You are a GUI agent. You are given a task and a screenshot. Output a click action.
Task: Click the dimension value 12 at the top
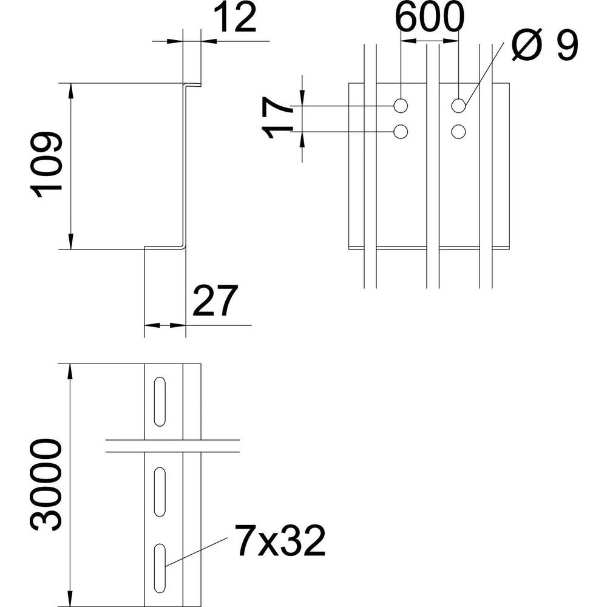pyautogui.click(x=236, y=19)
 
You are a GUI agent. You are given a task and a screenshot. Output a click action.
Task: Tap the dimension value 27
pyautogui.click(x=212, y=302)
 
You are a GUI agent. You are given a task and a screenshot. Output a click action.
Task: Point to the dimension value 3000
pyautogui.click(x=48, y=486)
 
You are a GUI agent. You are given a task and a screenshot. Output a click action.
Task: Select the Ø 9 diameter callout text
pyautogui.click(x=544, y=46)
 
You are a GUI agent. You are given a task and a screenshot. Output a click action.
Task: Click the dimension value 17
pyautogui.click(x=279, y=119)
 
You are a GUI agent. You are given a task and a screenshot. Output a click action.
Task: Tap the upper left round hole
pyautogui.click(x=401, y=106)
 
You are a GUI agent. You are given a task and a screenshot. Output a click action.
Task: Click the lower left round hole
pyautogui.click(x=401, y=131)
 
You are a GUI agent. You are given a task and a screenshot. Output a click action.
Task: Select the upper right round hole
pyautogui.click(x=458, y=106)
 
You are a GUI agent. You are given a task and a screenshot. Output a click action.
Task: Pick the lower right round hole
pyautogui.click(x=458, y=131)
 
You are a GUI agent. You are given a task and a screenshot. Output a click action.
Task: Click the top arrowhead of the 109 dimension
pyautogui.click(x=72, y=89)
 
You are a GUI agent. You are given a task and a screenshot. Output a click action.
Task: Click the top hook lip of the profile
pyautogui.click(x=193, y=84)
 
